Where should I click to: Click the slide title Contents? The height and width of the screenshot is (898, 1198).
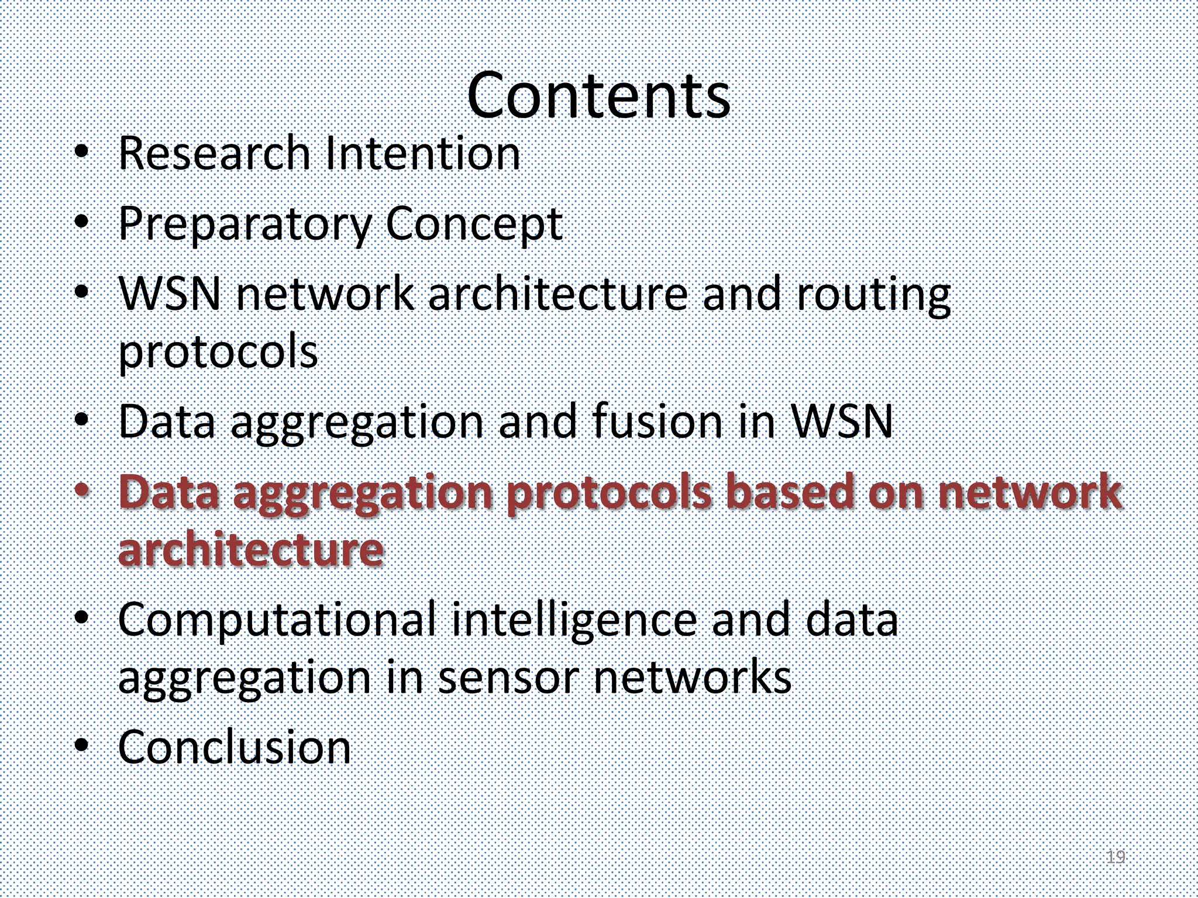pos(598,95)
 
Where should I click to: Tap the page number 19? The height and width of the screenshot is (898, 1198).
pos(1116,857)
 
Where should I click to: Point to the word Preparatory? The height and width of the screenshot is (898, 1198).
pos(245,224)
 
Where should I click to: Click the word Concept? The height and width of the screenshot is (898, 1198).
pos(474,224)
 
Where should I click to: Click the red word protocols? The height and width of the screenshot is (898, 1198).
pos(608,492)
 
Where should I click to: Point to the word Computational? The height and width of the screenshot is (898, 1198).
pos(277,620)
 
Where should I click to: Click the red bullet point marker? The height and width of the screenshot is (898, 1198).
pos(82,490)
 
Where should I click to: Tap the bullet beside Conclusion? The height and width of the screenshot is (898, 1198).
pos(82,746)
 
